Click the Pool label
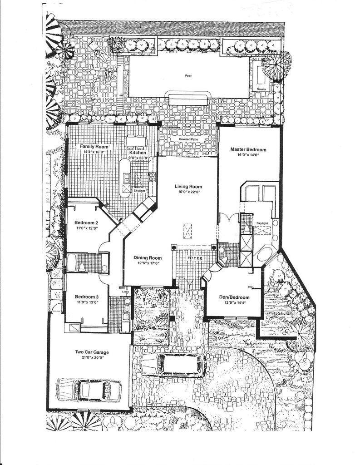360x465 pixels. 188,76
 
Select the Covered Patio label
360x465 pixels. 188,139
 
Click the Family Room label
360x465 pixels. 94,147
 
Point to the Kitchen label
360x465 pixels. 138,153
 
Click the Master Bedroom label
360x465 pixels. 248,149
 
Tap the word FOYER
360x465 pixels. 195,258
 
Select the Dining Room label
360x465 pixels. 148,258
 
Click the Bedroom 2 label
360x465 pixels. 86,223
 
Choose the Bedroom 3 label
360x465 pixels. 87,297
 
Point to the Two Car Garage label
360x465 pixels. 92,352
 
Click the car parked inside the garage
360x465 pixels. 89,390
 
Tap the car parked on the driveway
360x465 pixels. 173,365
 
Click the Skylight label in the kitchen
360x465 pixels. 139,191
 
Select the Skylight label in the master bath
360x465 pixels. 262,223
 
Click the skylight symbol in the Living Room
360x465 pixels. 187,231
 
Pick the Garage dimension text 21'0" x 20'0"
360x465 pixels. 92,357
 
